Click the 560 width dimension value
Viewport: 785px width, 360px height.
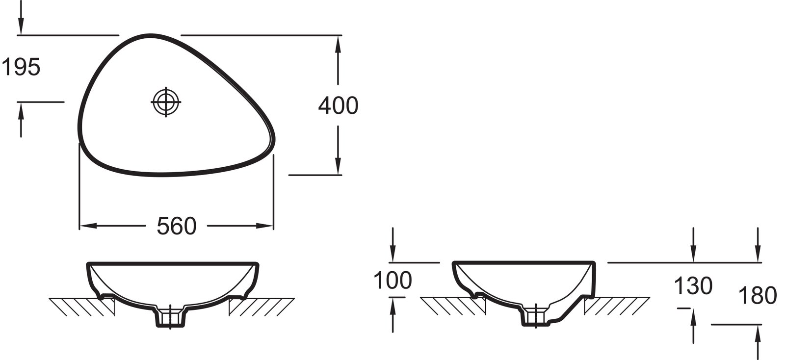click(176, 226)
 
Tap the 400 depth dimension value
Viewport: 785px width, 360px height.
click(338, 105)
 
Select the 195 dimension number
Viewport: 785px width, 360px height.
click(21, 67)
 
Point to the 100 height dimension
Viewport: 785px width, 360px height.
click(392, 280)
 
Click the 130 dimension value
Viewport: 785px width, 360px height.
click(693, 285)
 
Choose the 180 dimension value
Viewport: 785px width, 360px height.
click(758, 295)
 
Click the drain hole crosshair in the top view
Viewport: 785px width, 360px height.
click(166, 102)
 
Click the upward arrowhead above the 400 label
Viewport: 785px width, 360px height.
click(338, 44)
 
